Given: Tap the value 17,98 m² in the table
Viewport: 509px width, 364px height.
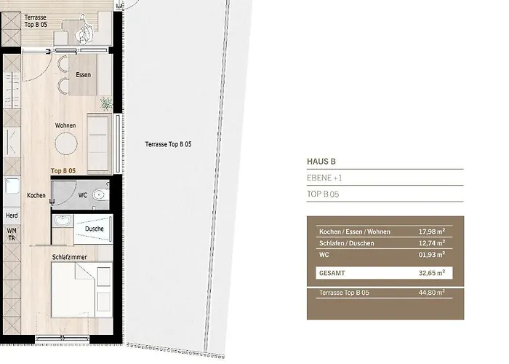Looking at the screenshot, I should (431, 232).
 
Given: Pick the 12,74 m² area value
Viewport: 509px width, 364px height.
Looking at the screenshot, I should (431, 243).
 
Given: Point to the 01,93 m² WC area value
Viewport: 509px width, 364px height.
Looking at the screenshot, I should (431, 255).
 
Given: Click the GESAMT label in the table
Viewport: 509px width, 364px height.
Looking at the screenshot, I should (332, 274).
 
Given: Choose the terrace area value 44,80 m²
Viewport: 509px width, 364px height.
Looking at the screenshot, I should (431, 293).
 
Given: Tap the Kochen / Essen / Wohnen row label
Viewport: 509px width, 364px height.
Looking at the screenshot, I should (355, 232).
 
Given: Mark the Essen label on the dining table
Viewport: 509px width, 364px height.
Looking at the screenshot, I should (83, 75).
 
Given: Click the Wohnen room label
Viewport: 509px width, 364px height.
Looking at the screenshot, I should (65, 125).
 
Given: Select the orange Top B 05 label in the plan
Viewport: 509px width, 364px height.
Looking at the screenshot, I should (63, 171).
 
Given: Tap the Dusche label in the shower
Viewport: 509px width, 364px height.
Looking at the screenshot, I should (94, 229).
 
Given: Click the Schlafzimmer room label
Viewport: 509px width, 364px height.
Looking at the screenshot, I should (71, 257).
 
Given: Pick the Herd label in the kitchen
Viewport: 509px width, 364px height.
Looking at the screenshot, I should (12, 215).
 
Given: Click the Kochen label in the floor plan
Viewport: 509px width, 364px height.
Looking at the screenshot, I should (36, 196).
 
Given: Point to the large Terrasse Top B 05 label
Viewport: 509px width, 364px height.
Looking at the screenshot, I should (168, 144).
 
